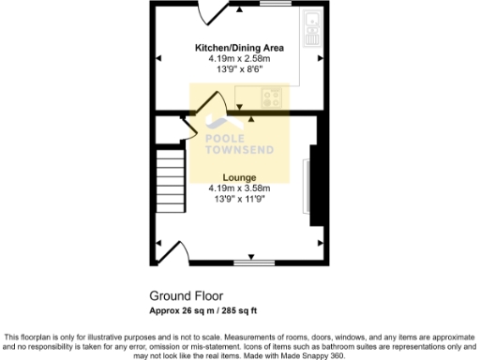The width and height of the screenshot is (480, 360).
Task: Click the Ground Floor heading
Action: click(x=183, y=293)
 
